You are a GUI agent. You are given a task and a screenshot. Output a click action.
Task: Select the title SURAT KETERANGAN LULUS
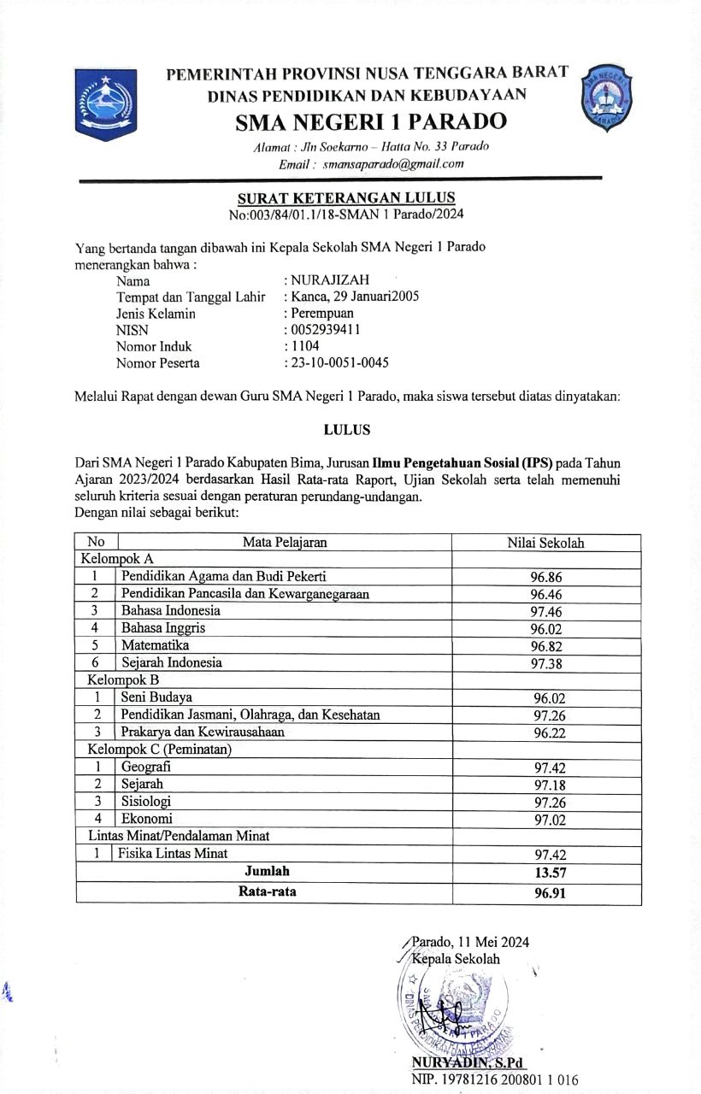point(346,198)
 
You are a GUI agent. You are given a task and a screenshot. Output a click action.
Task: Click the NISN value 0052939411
point(325,330)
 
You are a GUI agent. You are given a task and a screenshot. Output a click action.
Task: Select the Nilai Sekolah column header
point(545,543)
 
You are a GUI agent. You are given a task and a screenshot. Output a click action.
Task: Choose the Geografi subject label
point(146,767)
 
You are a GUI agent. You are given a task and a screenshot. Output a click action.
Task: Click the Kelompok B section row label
point(123,680)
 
